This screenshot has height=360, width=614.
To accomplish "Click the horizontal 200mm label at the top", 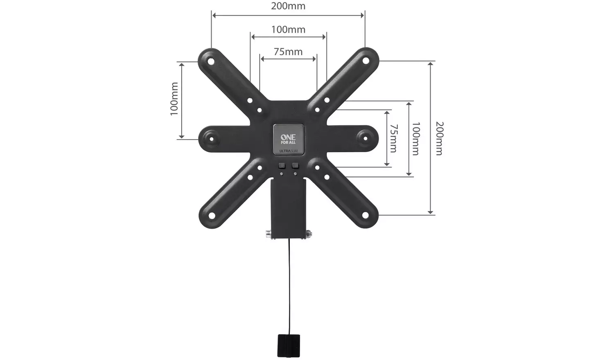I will tap(288, 7).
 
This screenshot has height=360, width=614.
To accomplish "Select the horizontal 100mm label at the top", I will tap(288, 30).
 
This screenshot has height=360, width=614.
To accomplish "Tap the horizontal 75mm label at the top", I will tap(288, 52).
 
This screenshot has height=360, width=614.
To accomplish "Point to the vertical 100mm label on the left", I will tap(174, 99).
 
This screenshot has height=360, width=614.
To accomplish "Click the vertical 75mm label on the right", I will tap(393, 138).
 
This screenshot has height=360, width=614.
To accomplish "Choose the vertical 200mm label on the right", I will tap(439, 138).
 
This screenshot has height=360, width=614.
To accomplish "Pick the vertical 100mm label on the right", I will tap(415, 139).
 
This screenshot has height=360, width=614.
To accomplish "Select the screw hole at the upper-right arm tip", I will tap(366, 61).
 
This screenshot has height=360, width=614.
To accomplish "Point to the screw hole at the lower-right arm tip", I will tap(366, 215).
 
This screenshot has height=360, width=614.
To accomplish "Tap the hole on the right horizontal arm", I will tap(365, 138).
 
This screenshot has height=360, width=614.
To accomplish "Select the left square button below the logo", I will tap(282, 166).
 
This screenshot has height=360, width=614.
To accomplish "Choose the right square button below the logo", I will tap(295, 166).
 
